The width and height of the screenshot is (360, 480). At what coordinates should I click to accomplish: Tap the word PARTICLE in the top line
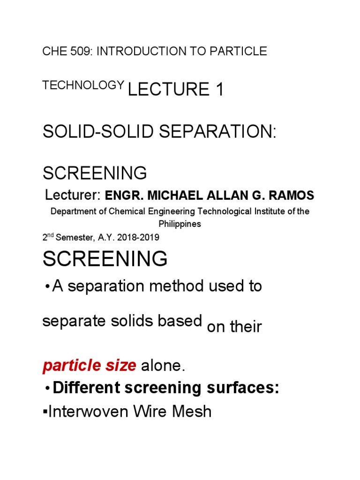click(x=239, y=52)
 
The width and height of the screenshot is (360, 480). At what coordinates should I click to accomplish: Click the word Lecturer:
click(x=73, y=195)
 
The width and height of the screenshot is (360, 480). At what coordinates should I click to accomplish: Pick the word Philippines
click(x=180, y=224)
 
